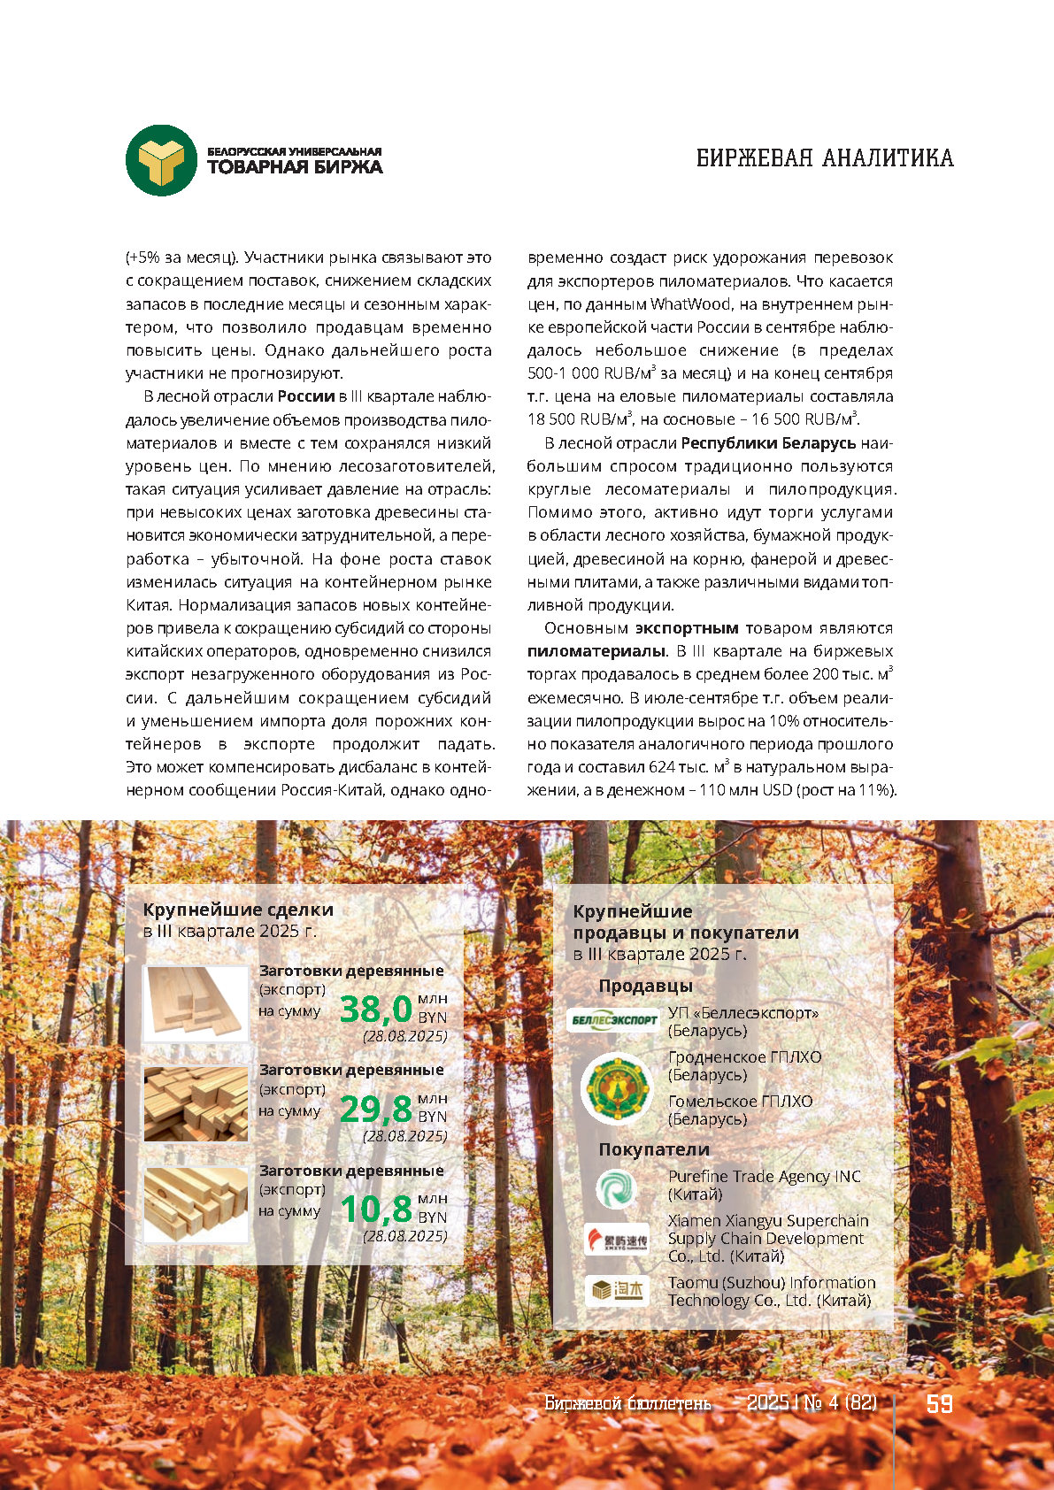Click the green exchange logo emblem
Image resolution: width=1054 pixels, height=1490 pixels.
[x=161, y=160]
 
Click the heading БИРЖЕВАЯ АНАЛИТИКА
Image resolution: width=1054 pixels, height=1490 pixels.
[x=825, y=158]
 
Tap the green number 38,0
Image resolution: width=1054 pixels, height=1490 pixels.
[x=376, y=1009]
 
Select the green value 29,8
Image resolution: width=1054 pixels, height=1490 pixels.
[x=376, y=1109]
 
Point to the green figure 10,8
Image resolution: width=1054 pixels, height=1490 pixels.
[x=376, y=1209]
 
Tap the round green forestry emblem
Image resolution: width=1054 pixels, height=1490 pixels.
[x=616, y=1087]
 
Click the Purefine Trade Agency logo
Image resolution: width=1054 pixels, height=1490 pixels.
[x=616, y=1187]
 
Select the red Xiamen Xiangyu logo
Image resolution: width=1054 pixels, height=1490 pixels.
[x=617, y=1239]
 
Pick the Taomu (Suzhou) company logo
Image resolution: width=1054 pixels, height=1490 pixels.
[x=617, y=1291]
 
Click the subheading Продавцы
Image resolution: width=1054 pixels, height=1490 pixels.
[x=645, y=986]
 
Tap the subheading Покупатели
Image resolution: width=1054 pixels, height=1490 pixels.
[x=654, y=1149]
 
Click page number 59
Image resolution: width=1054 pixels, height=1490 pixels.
[x=939, y=1403]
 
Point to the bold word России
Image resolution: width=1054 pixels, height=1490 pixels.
[x=306, y=396]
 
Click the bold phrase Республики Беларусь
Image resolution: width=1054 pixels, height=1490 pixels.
[x=768, y=442]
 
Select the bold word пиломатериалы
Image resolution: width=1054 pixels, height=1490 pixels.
[x=596, y=651]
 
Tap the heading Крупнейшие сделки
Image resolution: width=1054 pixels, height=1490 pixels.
[x=238, y=910]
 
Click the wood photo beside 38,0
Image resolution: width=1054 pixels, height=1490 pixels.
[x=196, y=1002]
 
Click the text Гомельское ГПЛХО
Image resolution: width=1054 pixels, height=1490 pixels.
[x=740, y=1102]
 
